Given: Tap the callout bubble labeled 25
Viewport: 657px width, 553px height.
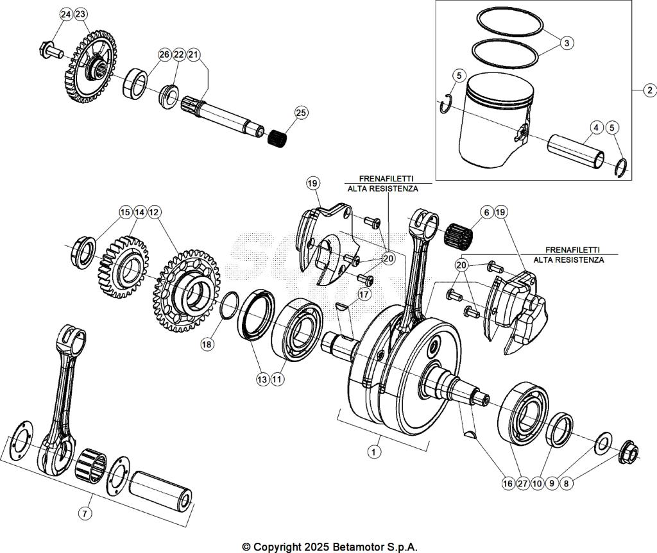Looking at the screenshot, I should pos(301,113).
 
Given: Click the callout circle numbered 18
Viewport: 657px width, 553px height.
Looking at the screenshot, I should pos(207,344).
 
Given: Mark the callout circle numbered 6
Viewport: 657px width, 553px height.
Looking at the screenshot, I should pos(486,211).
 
